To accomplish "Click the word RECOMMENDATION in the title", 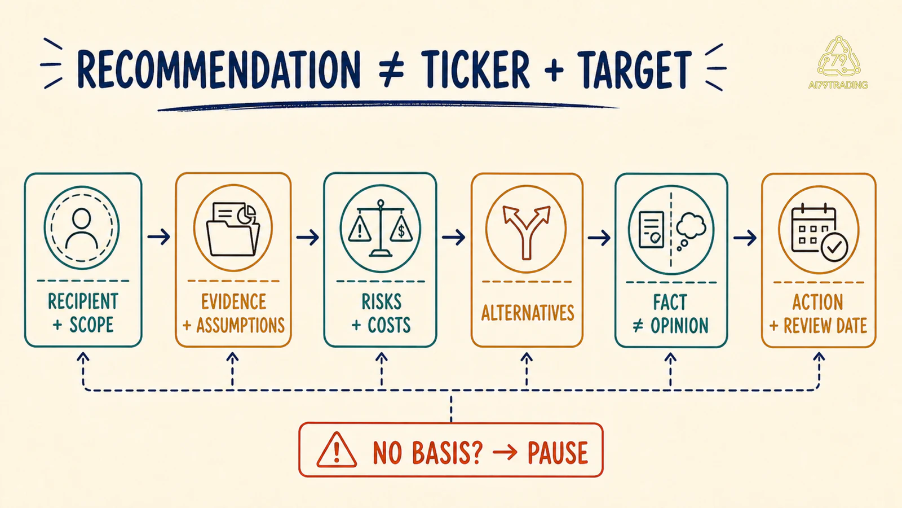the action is (219, 69).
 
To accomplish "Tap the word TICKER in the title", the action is (476, 69).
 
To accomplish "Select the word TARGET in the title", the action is (635, 69).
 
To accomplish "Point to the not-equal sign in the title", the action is (391, 69).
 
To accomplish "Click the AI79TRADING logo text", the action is (838, 85).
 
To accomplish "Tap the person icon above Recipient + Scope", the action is (82, 229).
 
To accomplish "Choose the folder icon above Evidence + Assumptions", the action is (233, 229).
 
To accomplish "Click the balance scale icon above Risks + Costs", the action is (381, 228).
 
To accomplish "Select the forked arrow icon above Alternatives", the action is (527, 232).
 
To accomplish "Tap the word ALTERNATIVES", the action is (528, 313).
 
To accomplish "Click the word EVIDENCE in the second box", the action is (233, 301).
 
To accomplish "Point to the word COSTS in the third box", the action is (389, 325).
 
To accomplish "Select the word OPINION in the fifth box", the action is (679, 326).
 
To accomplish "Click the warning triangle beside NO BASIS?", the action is (337, 450).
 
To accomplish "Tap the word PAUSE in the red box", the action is (558, 452).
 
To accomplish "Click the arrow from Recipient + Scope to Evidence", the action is (158, 237).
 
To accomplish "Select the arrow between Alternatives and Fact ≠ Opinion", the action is (599, 238).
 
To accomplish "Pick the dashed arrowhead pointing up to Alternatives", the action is (527, 357).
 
